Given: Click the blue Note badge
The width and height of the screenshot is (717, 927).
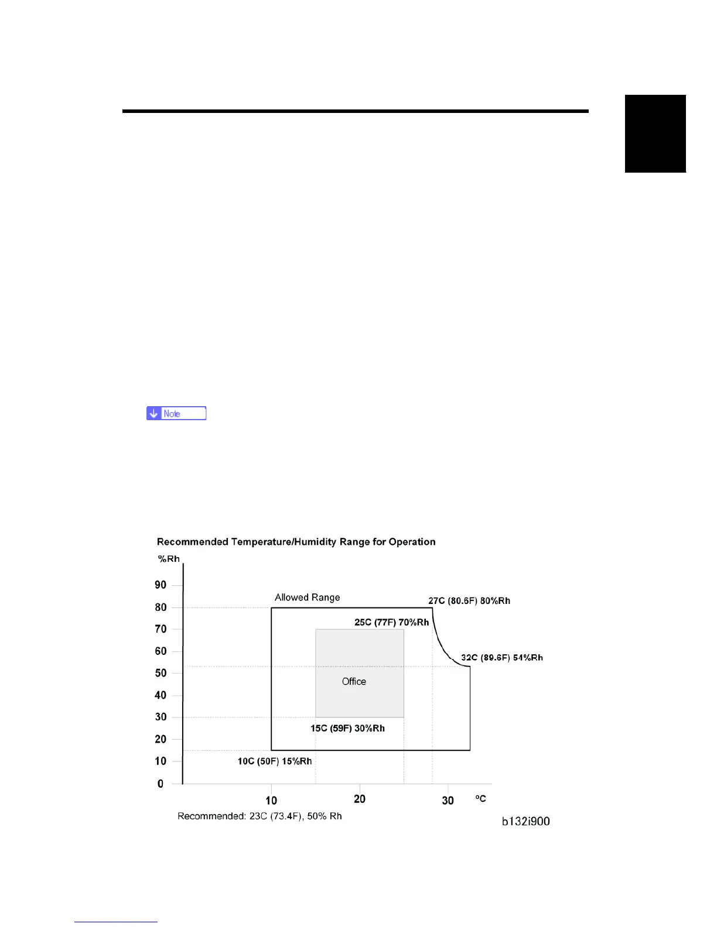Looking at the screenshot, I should tap(176, 414).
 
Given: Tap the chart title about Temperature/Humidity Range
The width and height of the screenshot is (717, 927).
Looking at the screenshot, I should tap(296, 542).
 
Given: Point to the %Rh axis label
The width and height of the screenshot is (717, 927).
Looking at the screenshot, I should tap(169, 559).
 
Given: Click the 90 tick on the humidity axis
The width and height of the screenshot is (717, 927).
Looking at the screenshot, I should tap(161, 585).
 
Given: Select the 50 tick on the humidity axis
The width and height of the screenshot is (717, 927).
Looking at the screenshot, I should tap(161, 673).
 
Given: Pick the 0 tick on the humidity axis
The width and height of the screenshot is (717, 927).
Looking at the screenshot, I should tap(161, 784).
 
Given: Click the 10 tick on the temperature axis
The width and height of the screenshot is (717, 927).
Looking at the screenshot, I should tap(271, 801).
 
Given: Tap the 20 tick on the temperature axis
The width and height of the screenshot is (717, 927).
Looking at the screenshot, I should tap(360, 799).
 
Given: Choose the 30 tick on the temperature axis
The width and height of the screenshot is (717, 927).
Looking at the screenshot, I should tap(448, 801).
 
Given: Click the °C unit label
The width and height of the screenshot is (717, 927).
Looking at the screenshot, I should tap(480, 799).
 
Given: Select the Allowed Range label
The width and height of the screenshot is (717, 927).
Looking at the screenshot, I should tap(308, 598).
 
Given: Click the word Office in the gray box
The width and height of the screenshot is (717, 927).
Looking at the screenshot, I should tap(354, 682).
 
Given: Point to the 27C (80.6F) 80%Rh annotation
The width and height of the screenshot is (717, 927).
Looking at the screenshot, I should tap(469, 601).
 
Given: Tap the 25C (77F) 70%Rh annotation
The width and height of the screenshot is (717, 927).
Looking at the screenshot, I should tap(391, 622).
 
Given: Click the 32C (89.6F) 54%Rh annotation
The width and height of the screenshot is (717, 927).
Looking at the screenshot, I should tap(502, 658).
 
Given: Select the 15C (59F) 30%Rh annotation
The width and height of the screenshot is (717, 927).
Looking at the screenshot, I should tap(347, 729).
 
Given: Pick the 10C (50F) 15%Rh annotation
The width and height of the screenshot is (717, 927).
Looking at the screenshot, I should tap(275, 761).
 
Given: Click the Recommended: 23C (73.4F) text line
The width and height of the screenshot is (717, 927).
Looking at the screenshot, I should tap(260, 816).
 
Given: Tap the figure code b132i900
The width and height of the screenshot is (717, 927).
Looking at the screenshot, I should tap(526, 822).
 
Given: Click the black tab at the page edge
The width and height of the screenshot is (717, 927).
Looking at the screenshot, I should tap(655, 133).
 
